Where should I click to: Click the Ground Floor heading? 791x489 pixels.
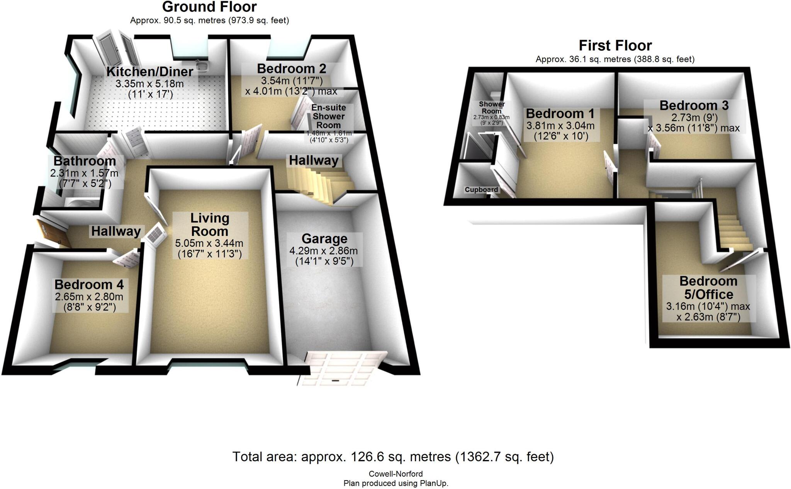[209, 7]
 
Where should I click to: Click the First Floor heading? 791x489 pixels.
[615, 46]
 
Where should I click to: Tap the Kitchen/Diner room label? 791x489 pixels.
[149, 71]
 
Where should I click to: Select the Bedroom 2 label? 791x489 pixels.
[291, 69]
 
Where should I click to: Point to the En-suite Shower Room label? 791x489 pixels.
[329, 116]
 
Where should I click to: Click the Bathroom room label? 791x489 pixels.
[85, 161]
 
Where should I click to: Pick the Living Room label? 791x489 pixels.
[210, 224]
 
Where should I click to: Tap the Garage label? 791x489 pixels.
[324, 239]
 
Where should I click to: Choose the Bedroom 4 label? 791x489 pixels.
[89, 285]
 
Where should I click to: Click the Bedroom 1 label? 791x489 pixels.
[560, 114]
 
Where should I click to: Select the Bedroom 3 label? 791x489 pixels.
[694, 105]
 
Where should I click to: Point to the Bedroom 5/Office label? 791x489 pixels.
[708, 287]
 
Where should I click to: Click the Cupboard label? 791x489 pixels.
[481, 190]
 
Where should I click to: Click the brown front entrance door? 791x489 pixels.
[52, 232]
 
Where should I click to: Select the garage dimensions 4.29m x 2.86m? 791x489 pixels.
[324, 251]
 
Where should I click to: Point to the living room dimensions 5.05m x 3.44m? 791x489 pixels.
[209, 243]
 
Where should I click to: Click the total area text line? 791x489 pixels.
[393, 457]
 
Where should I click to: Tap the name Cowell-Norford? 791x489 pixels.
[395, 474]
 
